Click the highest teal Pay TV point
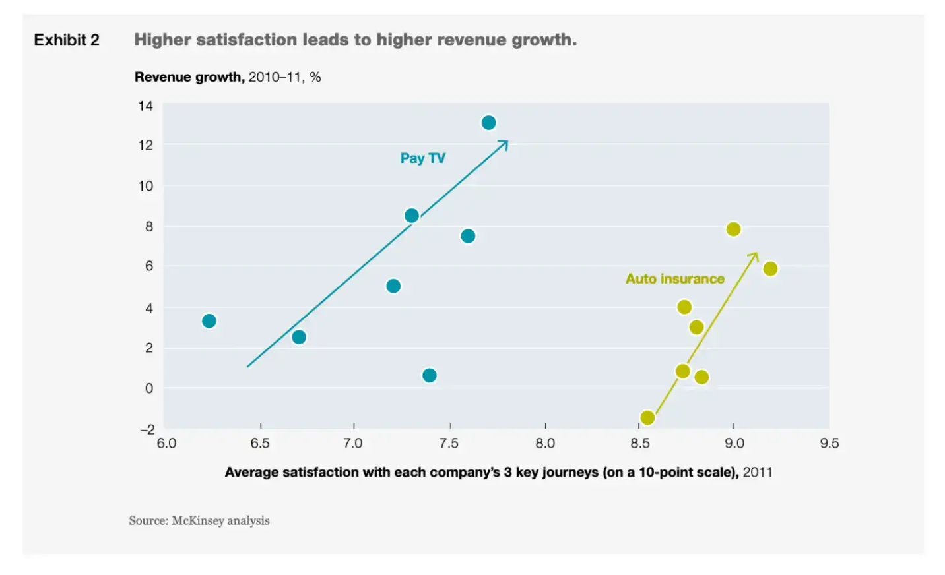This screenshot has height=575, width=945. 488,123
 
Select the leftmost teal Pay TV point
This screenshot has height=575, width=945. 209,321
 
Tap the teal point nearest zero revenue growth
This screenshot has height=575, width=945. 429,375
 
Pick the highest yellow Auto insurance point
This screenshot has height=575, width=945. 733,229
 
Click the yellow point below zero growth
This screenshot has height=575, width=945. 647,417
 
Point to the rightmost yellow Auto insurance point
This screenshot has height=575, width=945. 770,269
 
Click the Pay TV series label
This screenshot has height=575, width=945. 422,158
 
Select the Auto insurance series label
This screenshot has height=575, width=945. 674,279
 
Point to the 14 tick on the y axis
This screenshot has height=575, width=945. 145,106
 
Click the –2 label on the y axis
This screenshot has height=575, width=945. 147,429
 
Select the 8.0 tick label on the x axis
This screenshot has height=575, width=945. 545,443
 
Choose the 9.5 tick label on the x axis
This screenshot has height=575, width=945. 829,443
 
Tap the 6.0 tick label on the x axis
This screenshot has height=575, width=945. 166,443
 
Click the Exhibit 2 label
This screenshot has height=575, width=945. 67,40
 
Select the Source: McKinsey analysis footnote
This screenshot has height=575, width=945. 199,520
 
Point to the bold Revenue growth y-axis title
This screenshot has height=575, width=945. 189,77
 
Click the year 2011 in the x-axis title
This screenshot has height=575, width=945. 757,472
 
